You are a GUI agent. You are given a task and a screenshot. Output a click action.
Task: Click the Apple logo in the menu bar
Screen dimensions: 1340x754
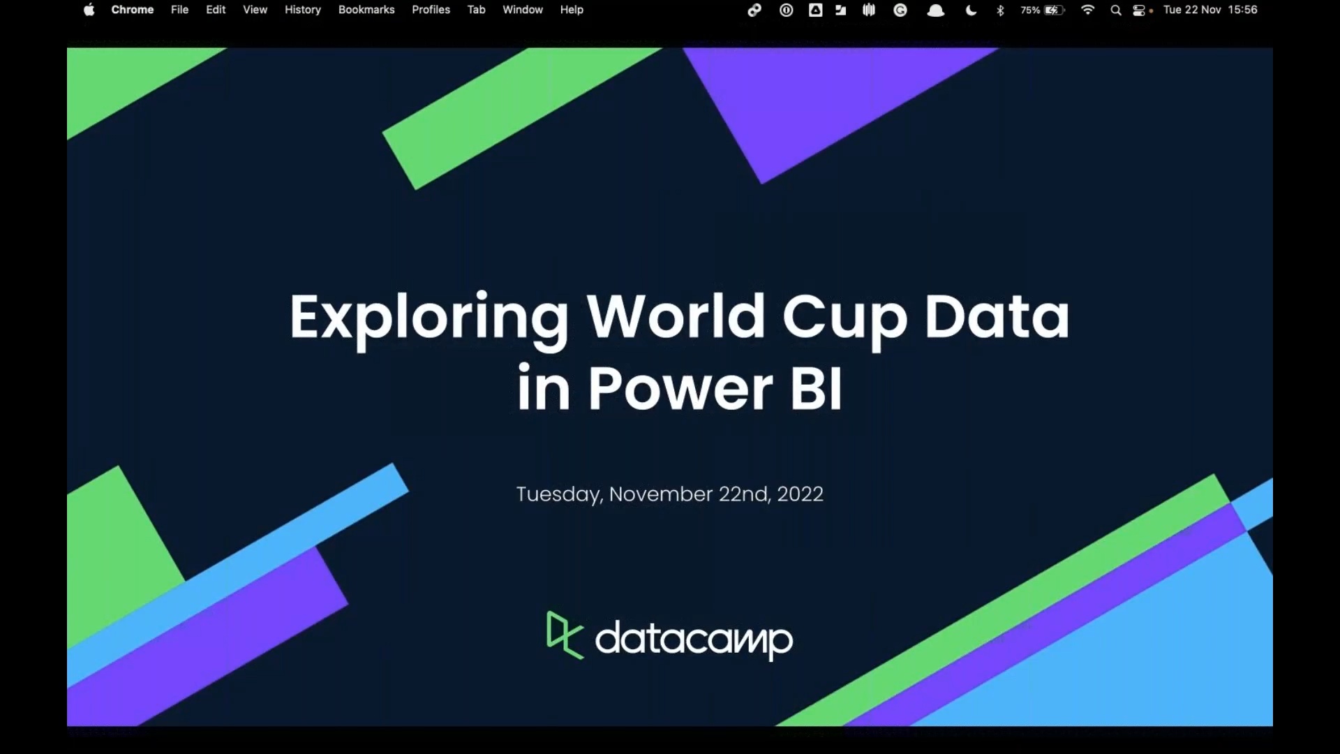[89, 10]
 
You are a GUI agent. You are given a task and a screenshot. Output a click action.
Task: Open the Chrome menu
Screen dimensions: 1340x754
[133, 10]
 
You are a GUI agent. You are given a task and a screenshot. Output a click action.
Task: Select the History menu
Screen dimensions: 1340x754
[303, 10]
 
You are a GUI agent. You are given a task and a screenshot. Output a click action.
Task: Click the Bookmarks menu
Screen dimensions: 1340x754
[366, 10]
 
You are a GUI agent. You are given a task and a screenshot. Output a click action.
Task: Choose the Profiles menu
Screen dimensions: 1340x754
[431, 10]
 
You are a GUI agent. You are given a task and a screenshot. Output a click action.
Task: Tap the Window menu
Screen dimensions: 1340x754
[523, 10]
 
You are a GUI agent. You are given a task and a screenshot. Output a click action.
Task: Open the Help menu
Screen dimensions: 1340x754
[572, 10]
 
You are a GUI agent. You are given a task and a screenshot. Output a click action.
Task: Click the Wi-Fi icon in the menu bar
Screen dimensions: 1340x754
[1087, 10]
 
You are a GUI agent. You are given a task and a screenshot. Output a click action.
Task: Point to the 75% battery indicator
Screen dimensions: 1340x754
[1043, 10]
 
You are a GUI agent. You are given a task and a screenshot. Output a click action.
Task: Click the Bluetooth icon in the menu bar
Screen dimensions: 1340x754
[1000, 10]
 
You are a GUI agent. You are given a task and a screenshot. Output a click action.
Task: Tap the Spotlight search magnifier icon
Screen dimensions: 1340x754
[1116, 10]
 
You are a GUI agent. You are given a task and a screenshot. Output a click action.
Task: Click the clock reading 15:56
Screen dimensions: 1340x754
[1243, 10]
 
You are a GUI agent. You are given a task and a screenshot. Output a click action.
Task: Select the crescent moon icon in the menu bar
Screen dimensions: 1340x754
[971, 10]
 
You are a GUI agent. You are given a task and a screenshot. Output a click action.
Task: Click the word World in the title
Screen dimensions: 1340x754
[676, 316]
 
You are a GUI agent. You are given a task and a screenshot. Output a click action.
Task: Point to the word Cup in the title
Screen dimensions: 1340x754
[844, 320]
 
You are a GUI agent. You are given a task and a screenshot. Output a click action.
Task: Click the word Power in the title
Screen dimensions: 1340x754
[680, 390]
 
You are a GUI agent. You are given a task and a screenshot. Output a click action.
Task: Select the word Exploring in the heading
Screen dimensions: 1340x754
[429, 320]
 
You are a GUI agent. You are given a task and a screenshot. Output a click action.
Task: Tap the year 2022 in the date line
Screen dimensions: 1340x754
[800, 494]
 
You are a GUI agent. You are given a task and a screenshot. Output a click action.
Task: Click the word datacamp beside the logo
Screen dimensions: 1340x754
[694, 639]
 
